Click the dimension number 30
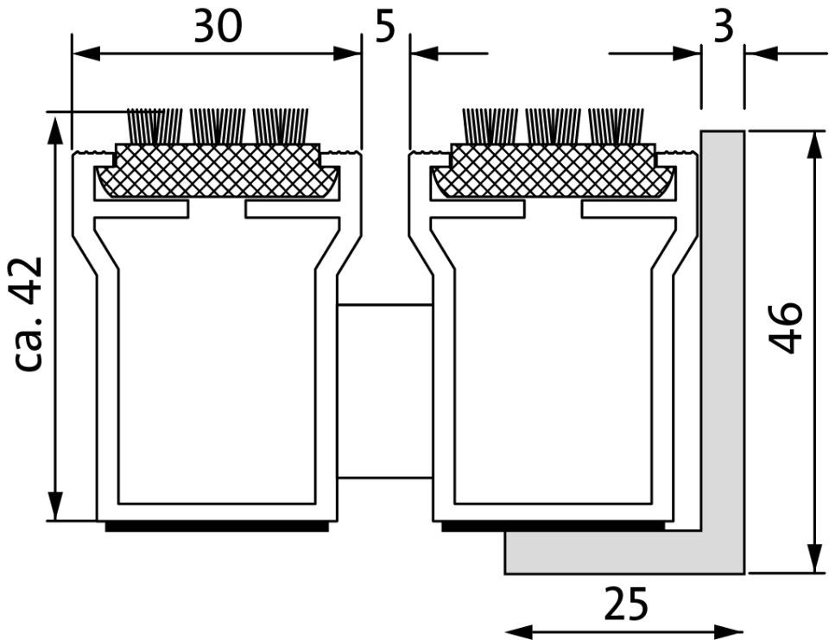(218, 27)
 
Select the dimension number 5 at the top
(385, 27)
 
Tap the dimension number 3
(724, 27)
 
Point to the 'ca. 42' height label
(28, 314)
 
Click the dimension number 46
(786, 326)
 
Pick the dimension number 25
(625, 604)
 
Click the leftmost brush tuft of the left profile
(155, 125)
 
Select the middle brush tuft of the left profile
(218, 125)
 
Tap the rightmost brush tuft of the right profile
(616, 125)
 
